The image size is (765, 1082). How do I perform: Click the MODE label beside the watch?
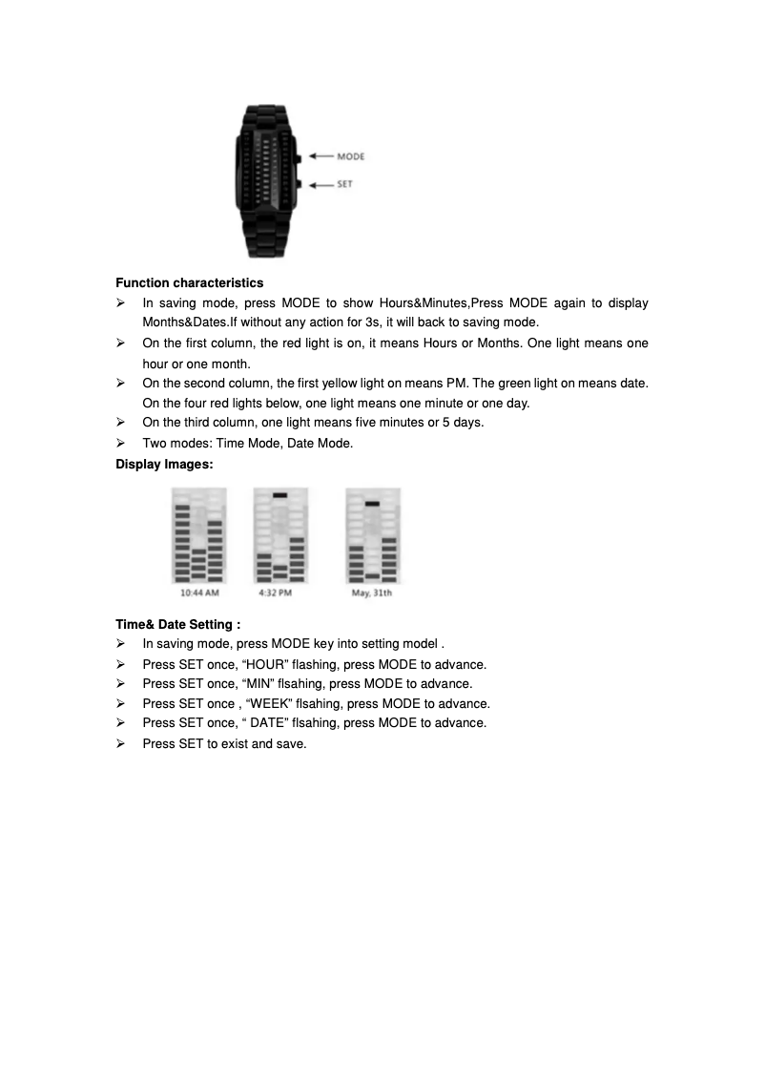tap(351, 156)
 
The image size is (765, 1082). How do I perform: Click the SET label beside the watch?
tap(344, 184)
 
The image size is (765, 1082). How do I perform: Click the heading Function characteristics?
tap(190, 283)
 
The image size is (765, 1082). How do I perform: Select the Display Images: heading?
tap(164, 465)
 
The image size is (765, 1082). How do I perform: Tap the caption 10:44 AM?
tap(200, 593)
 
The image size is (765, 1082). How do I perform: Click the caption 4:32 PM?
tap(276, 593)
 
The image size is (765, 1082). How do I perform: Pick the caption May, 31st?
tap(372, 593)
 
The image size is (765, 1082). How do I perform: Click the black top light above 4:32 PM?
tap(279, 495)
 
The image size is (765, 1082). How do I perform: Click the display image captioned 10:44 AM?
tap(199, 535)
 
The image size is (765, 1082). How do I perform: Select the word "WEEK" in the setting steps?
tap(272, 703)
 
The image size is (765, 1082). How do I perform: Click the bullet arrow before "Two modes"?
tap(121, 444)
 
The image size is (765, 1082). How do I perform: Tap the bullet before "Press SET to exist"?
tap(121, 743)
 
